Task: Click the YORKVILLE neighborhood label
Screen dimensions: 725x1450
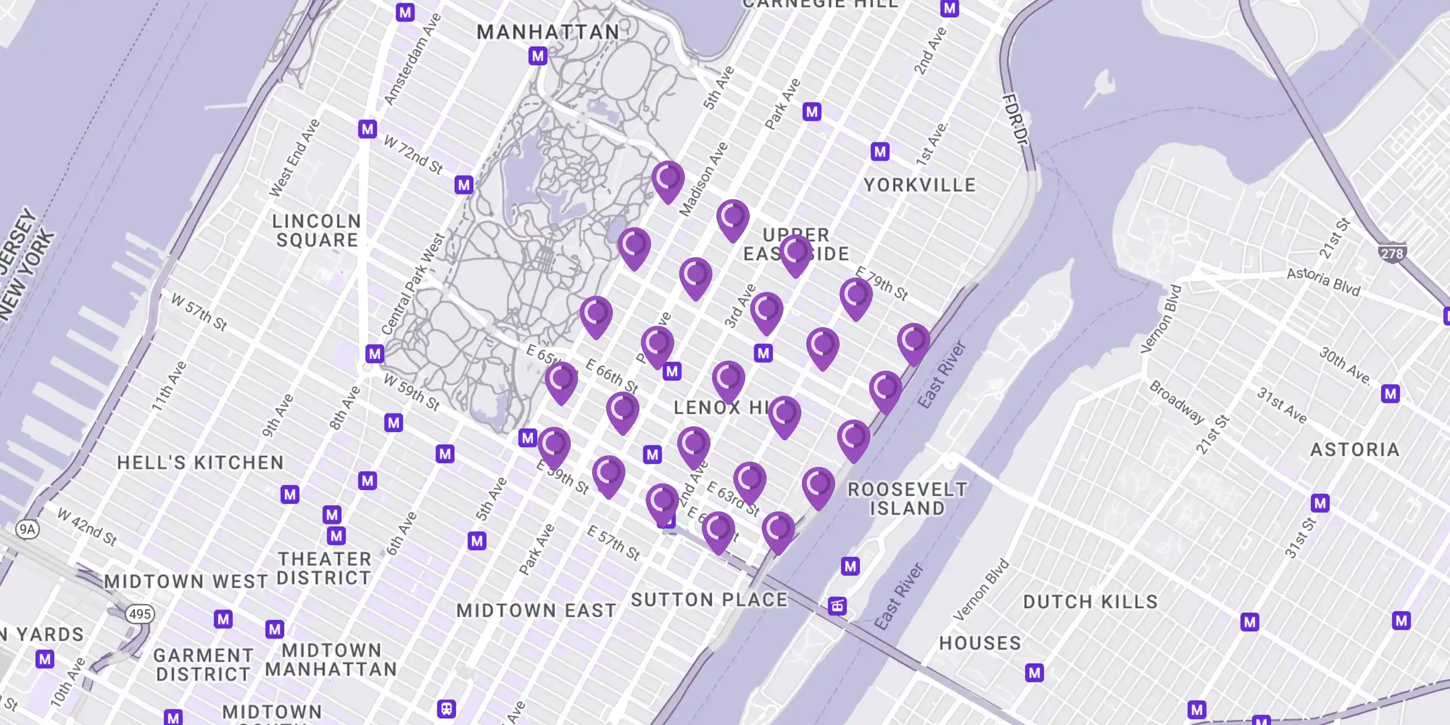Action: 919,185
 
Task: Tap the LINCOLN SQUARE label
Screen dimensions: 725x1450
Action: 317,231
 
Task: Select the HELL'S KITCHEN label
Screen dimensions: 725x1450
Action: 201,463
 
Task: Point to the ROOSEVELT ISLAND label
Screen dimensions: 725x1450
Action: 907,499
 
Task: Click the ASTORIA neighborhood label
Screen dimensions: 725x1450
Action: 1355,450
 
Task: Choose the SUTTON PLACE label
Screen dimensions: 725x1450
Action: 709,600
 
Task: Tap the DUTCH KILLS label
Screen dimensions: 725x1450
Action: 1090,602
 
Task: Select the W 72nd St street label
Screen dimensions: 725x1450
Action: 413,154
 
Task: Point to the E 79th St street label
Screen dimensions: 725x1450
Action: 882,284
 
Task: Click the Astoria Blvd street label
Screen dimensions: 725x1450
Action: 1323,281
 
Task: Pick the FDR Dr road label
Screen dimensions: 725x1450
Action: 1015,119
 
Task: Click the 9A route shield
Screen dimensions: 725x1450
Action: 27,529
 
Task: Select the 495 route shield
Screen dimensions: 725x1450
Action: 140,613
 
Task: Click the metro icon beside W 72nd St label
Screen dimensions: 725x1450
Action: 367,130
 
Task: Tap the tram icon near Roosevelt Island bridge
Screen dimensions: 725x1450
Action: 837,606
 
